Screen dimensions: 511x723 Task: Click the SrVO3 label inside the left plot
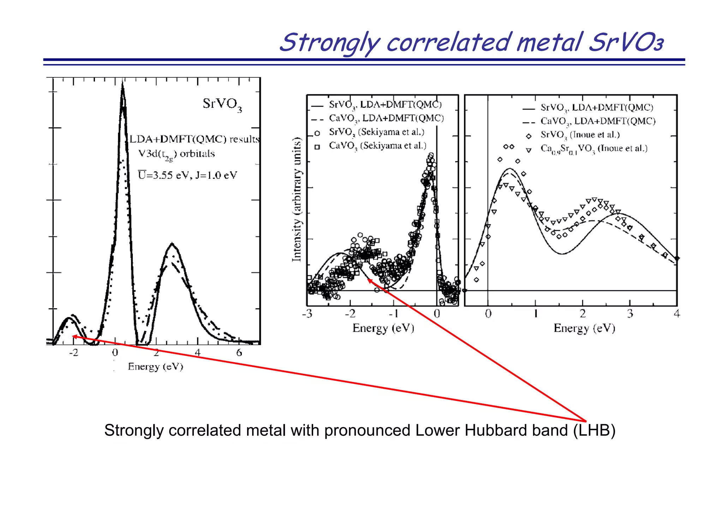222,104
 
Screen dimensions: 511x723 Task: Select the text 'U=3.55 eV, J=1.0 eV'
187,175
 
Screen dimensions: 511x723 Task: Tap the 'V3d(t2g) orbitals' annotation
176,154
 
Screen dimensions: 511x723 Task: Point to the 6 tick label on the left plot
239,352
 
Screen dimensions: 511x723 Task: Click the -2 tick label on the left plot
73,352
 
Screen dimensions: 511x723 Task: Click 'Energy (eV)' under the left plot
155,367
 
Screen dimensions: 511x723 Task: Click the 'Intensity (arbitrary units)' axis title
297,200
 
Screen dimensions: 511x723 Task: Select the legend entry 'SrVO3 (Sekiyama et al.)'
376,132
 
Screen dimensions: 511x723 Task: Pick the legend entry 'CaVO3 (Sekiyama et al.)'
377,145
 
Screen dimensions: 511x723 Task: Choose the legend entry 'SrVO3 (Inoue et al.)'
580,135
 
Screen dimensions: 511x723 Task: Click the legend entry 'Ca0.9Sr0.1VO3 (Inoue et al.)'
593,149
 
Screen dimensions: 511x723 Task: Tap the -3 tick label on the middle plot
307,314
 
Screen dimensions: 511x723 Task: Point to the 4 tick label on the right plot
676,314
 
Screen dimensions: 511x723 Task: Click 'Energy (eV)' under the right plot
584,328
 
